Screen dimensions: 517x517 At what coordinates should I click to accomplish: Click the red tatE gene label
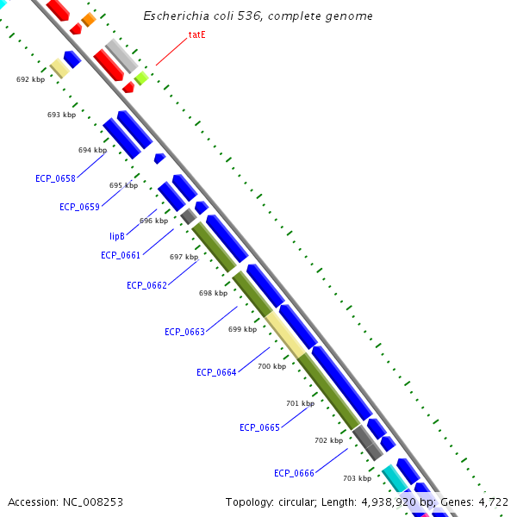pos(197,35)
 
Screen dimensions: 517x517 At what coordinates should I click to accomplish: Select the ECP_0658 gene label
pos(55,179)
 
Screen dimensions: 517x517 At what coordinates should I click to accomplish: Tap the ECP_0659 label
pos(79,207)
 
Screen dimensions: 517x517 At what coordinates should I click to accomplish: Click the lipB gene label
pos(118,236)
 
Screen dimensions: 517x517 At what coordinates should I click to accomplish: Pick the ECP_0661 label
pos(121,255)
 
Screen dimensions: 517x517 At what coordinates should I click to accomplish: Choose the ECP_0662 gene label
pos(146,285)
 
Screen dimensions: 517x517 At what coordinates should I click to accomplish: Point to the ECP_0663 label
pos(184,332)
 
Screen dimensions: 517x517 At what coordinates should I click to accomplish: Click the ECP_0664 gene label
pos(216,372)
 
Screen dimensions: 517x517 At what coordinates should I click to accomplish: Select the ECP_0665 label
pos(259,427)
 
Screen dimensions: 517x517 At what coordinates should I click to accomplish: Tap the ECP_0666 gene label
pos(294,473)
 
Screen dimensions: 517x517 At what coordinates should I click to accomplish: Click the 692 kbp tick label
pos(30,79)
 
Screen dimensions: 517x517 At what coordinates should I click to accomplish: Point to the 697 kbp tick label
pos(184,257)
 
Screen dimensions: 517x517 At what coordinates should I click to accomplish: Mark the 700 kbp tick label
pos(271,366)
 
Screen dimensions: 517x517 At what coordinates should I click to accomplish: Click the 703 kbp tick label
pos(357,478)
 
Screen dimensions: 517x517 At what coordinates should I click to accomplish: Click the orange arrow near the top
pos(88,20)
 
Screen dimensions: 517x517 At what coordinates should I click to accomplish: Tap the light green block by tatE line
pos(141,78)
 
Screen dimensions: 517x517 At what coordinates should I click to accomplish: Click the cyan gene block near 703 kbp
pos(395,477)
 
